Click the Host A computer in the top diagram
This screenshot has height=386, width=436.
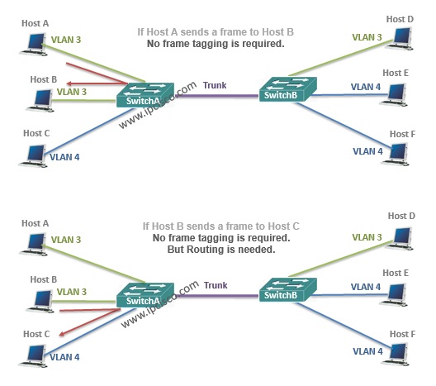(33, 45)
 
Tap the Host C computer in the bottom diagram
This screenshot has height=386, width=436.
(33, 356)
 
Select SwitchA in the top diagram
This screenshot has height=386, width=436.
(145, 94)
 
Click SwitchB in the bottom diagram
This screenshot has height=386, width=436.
(288, 289)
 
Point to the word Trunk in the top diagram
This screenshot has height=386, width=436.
(215, 85)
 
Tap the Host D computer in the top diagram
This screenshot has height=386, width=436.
(400, 39)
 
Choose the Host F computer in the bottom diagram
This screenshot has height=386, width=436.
(395, 355)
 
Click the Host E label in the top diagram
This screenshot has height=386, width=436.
(396, 73)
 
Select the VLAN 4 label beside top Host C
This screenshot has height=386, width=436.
(64, 157)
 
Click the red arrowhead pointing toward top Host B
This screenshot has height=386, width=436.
(69, 83)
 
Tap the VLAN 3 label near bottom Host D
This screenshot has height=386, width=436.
(367, 237)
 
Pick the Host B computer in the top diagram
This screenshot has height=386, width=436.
(40, 101)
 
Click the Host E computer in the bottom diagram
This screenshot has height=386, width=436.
(394, 295)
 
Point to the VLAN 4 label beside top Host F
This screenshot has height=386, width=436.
(367, 151)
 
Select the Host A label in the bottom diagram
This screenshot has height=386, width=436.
(35, 223)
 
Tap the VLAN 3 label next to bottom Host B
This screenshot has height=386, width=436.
(72, 292)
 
